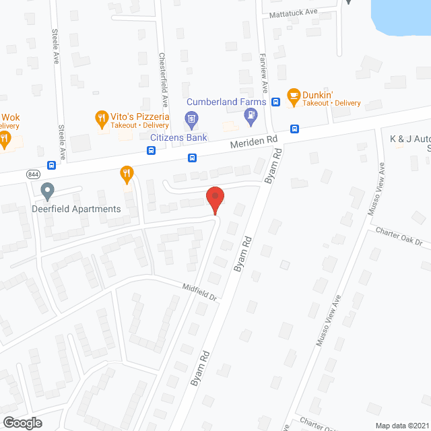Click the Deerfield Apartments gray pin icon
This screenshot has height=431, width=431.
coord(47,191)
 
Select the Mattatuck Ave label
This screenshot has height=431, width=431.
coord(293,12)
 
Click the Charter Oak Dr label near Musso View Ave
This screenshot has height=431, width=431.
coord(399,236)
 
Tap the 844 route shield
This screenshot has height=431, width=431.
coord(33,174)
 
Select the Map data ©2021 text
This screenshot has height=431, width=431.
coord(400,425)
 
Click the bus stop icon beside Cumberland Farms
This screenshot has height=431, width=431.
coord(275,102)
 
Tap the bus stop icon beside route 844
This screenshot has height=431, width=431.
coord(51,165)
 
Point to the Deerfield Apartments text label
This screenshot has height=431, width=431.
coord(76,209)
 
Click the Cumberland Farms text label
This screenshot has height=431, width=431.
coord(222,102)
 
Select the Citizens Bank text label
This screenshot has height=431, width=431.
coord(178,137)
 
